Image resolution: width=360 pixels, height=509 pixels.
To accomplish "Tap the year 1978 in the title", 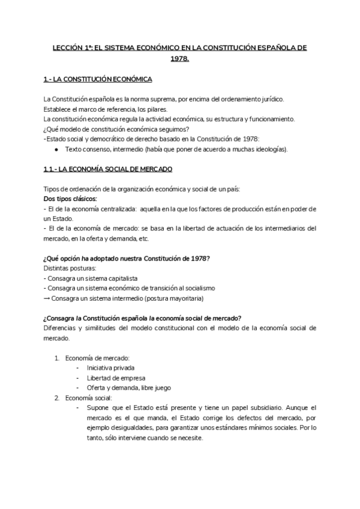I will pyautogui.click(x=179, y=59).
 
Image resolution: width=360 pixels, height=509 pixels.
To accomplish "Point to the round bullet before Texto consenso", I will pyautogui.click(x=56, y=149).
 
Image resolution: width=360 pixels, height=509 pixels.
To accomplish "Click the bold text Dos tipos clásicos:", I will pyautogui.click(x=70, y=199).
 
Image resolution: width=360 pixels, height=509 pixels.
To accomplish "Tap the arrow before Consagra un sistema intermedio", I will pyautogui.click(x=47, y=298).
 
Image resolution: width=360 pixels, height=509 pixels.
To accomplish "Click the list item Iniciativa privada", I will pyautogui.click(x=110, y=367).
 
